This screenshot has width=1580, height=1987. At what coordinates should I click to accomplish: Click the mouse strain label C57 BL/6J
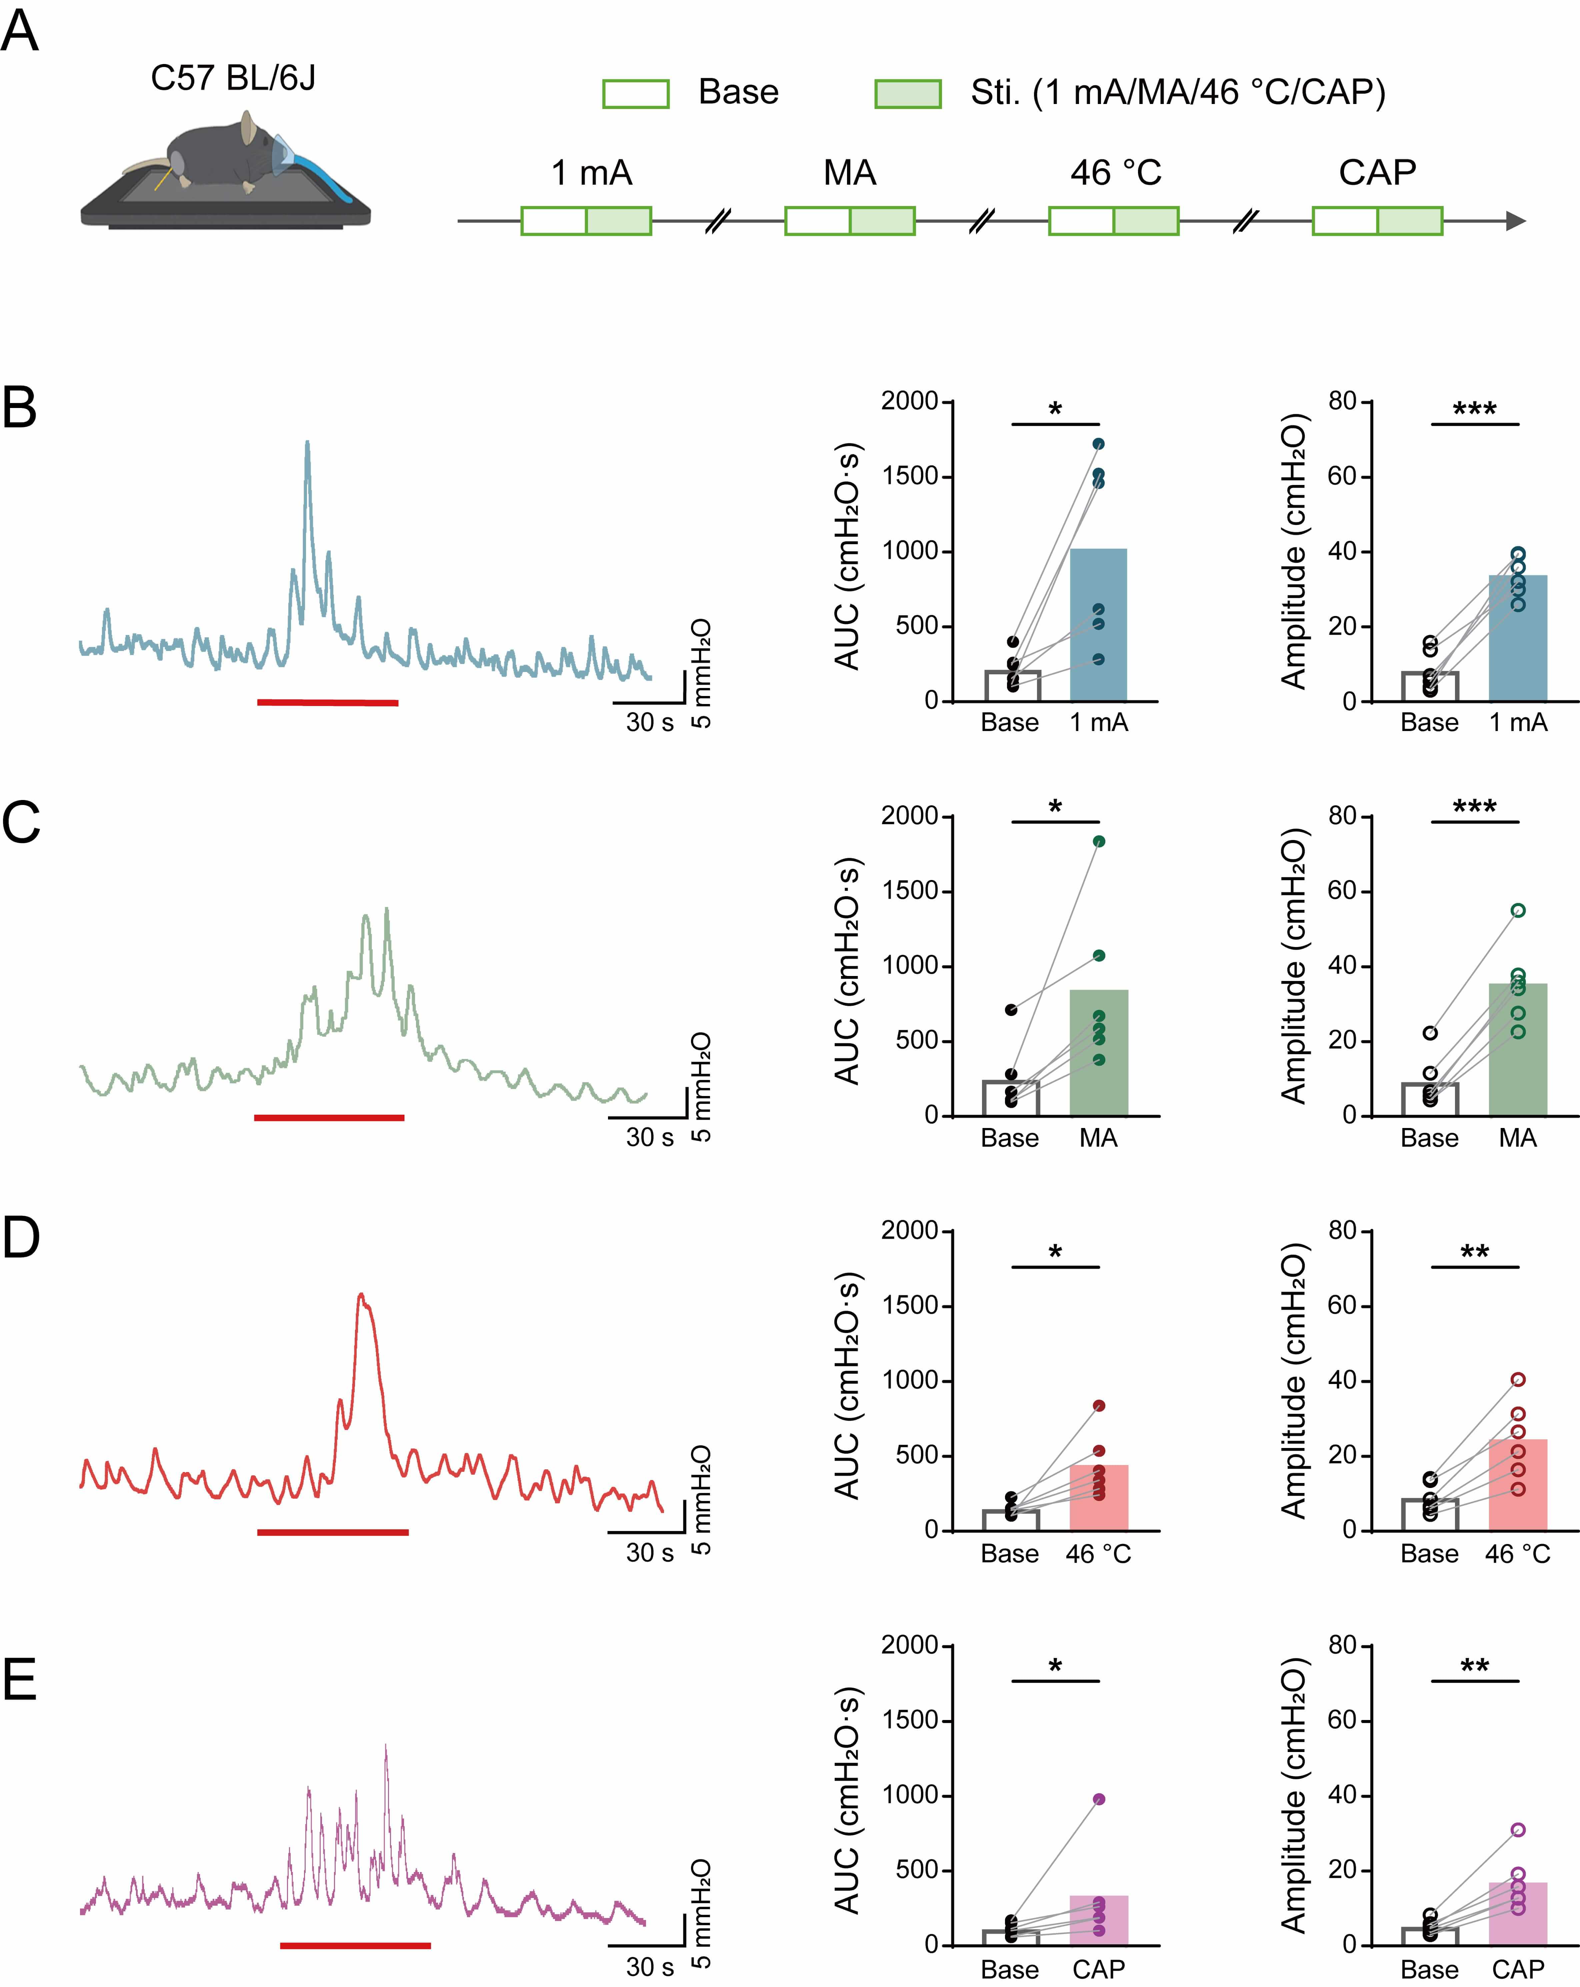(233, 78)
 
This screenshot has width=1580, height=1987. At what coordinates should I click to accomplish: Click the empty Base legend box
(635, 93)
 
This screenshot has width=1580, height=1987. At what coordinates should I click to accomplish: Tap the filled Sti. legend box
(907, 93)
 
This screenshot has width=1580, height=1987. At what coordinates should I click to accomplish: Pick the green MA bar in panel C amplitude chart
(1517, 1051)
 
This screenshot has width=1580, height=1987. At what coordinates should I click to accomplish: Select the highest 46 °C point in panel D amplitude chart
(1517, 1380)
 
